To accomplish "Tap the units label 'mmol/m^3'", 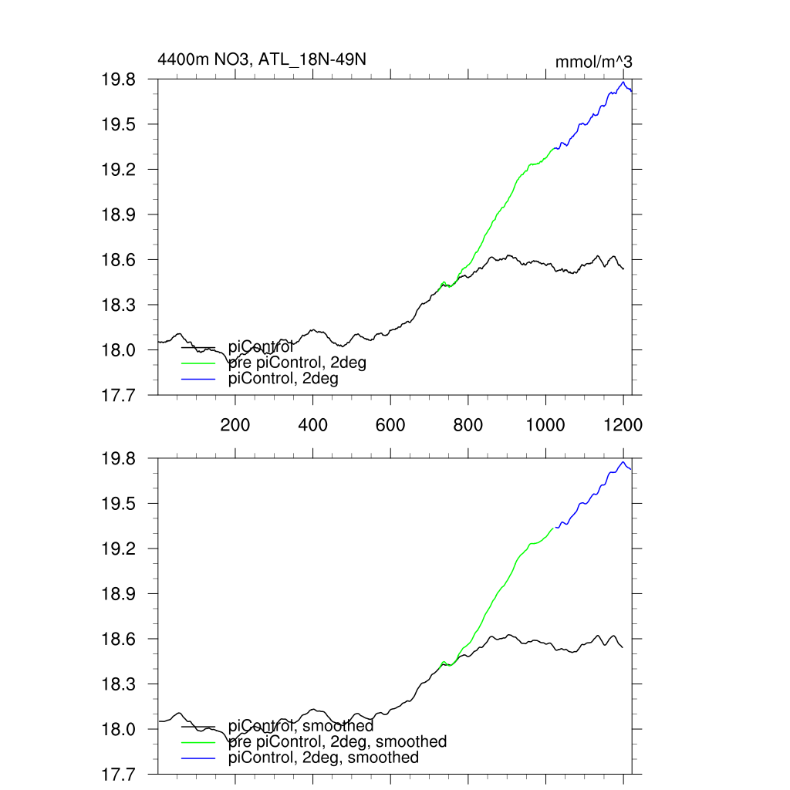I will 593,62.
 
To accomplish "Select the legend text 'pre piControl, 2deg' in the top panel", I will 297,363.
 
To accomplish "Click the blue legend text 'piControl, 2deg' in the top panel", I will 284,379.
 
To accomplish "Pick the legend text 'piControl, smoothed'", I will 302,726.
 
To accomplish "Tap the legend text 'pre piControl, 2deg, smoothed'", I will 338,741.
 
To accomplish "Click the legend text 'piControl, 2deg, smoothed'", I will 324,758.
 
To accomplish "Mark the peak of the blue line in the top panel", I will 623,82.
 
